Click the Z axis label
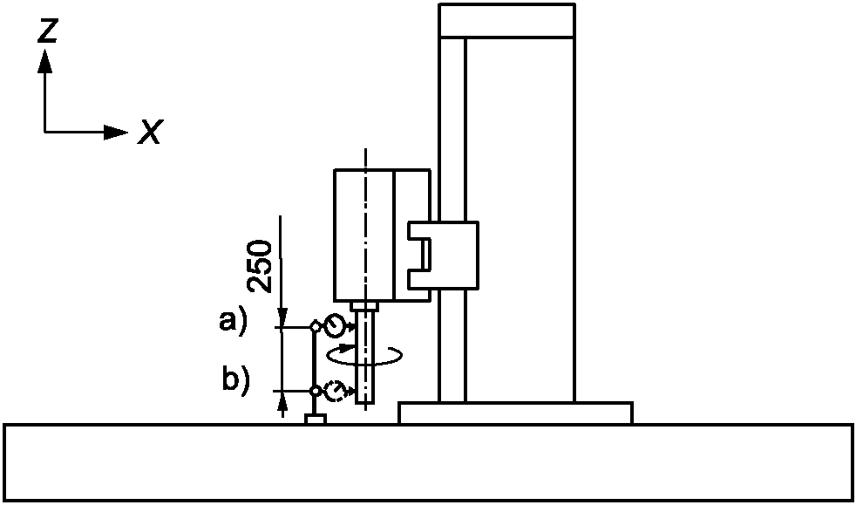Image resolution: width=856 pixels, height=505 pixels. coord(49,31)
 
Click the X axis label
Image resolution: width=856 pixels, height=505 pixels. coord(150,133)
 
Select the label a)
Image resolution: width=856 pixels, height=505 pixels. coord(233,321)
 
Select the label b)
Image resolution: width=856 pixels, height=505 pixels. coord(234,380)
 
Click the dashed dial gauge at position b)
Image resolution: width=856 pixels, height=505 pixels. coord(334,392)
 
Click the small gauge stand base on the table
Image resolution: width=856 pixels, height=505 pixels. coord(315,420)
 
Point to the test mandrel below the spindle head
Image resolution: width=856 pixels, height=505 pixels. coord(367,358)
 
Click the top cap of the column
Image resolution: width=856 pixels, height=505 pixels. coord(507,21)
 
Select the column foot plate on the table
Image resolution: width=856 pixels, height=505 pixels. coord(515,413)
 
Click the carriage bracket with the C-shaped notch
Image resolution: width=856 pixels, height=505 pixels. coord(443,256)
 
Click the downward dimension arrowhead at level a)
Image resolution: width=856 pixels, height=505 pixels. coord(282,319)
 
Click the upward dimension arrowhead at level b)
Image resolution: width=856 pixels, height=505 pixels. coord(282,399)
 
